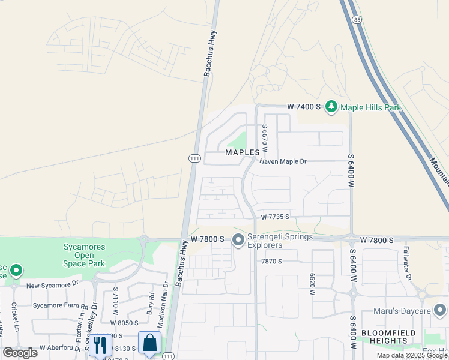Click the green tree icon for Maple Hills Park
tap(331, 107)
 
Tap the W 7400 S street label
tap(304, 107)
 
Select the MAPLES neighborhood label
tap(243, 152)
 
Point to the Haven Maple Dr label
tap(283, 162)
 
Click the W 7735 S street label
tap(275, 217)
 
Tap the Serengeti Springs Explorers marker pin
tap(238, 240)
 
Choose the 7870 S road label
tap(271, 262)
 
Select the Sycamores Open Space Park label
tap(84, 254)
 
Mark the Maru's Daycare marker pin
tap(441, 310)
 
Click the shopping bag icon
tap(149, 344)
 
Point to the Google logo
tap(20, 353)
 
